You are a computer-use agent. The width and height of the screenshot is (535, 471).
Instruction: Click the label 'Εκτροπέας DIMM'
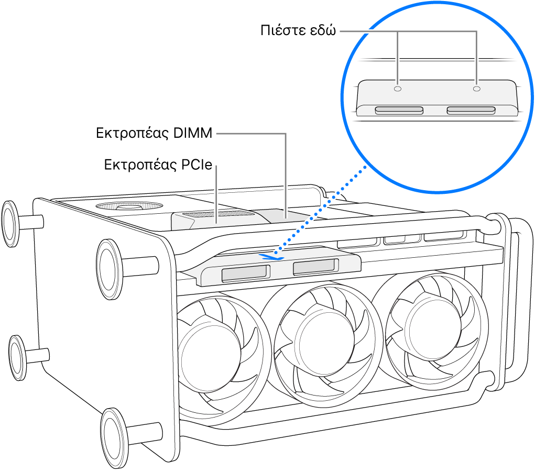click(x=154, y=134)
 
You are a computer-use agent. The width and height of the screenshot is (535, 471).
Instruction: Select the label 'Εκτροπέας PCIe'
click(x=158, y=166)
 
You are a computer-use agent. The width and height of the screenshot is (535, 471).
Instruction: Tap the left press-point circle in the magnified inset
click(x=397, y=89)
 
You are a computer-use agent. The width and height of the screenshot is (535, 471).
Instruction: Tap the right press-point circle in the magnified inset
click(x=476, y=89)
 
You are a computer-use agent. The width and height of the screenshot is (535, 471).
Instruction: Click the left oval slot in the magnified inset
click(x=399, y=111)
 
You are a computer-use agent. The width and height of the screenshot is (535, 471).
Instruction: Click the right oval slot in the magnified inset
click(x=471, y=111)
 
